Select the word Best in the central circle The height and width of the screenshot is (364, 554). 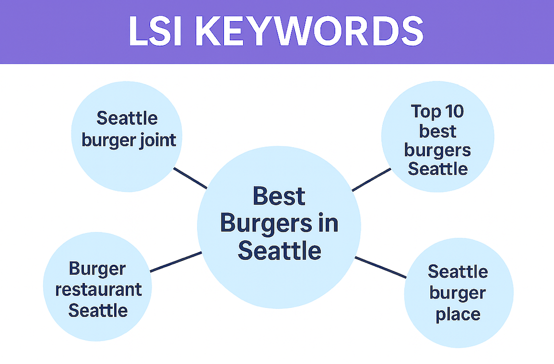coord(279,197)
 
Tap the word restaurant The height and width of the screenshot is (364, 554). coord(98,289)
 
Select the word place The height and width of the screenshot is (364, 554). coord(458,314)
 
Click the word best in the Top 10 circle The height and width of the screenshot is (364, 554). coord(437,131)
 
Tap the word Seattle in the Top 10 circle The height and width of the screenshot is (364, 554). coord(437,169)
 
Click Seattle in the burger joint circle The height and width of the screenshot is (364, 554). coord(127,118)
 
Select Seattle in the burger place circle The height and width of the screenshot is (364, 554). coord(458,272)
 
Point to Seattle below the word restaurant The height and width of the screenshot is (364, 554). coord(98,310)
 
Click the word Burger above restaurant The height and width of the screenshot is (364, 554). coord(98,268)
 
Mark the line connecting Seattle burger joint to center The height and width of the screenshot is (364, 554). coord(190,178)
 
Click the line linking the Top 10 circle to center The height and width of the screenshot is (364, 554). coord(371,180)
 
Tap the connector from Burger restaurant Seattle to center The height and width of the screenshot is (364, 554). coord(176,262)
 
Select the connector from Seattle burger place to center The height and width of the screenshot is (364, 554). coord(381,267)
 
